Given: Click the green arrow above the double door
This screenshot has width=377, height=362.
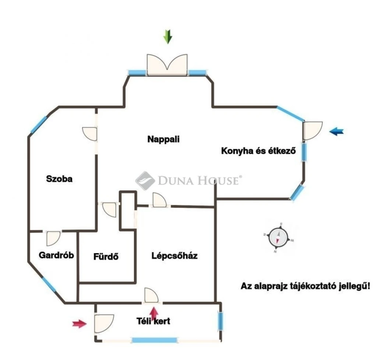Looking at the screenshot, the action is pyautogui.click(x=168, y=36).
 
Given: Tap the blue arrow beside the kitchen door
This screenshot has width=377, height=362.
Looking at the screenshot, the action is pyautogui.click(x=337, y=131).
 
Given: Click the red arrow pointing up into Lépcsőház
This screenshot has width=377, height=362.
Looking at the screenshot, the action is pyautogui.click(x=154, y=313).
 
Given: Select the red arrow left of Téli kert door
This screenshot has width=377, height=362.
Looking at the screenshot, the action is pyautogui.click(x=80, y=324).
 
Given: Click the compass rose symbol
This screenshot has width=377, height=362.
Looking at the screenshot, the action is pyautogui.click(x=278, y=238).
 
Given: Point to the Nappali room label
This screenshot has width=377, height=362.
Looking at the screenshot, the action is pyautogui.click(x=163, y=139).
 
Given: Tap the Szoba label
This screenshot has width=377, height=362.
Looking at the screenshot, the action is pyautogui.click(x=59, y=179).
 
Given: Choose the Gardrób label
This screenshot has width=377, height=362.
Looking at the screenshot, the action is pyautogui.click(x=56, y=255).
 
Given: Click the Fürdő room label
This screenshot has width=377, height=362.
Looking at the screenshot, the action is pyautogui.click(x=106, y=256).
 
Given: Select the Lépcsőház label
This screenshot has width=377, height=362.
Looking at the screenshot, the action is pyautogui.click(x=175, y=256).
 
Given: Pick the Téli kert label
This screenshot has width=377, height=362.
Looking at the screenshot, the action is pyautogui.click(x=154, y=321).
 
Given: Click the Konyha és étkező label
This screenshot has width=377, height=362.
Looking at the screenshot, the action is pyautogui.click(x=258, y=151).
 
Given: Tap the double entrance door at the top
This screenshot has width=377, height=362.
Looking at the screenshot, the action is pyautogui.click(x=167, y=65).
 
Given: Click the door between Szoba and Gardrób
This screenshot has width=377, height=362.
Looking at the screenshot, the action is pyautogui.click(x=53, y=238).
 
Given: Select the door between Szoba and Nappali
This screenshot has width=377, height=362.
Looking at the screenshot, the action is pyautogui.click(x=90, y=134).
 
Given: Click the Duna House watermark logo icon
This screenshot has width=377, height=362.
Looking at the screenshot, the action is pyautogui.click(x=145, y=181).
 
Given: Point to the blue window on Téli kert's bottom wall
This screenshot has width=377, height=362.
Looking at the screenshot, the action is pyautogui.click(x=155, y=340).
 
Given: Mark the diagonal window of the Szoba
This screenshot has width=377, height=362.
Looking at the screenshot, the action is pyautogui.click(x=39, y=125).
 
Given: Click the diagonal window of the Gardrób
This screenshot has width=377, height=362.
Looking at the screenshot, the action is pyautogui.click(x=49, y=285).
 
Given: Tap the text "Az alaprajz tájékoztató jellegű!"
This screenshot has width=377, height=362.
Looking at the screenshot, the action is pyautogui.click(x=306, y=286).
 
